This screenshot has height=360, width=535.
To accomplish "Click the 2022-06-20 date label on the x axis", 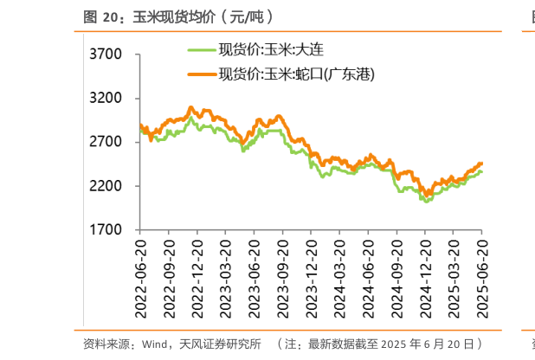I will tap(141, 271).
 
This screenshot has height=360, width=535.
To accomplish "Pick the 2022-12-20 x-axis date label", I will tap(198, 271).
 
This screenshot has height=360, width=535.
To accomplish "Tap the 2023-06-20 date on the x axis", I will tap(255, 271).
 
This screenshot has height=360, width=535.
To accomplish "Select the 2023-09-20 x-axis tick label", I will tap(284, 271).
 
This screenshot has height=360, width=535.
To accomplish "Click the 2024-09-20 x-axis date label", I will tap(398, 271).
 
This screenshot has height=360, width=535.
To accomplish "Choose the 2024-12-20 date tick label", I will tap(426, 271).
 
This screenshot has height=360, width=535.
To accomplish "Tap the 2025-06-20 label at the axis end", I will tap(483, 271).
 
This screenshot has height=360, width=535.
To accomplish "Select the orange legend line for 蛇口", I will tap(200, 75).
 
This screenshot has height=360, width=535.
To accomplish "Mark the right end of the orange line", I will tap(481, 164).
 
